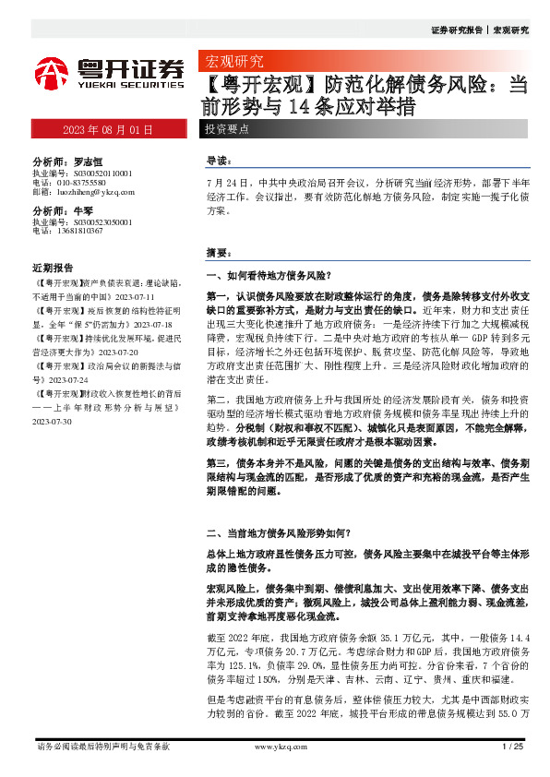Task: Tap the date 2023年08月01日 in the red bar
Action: pyautogui.click(x=107, y=129)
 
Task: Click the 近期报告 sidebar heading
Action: pyautogui.click(x=53, y=266)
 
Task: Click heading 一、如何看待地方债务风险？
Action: pyautogui.click(x=268, y=275)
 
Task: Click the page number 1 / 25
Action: pyautogui.click(x=512, y=746)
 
